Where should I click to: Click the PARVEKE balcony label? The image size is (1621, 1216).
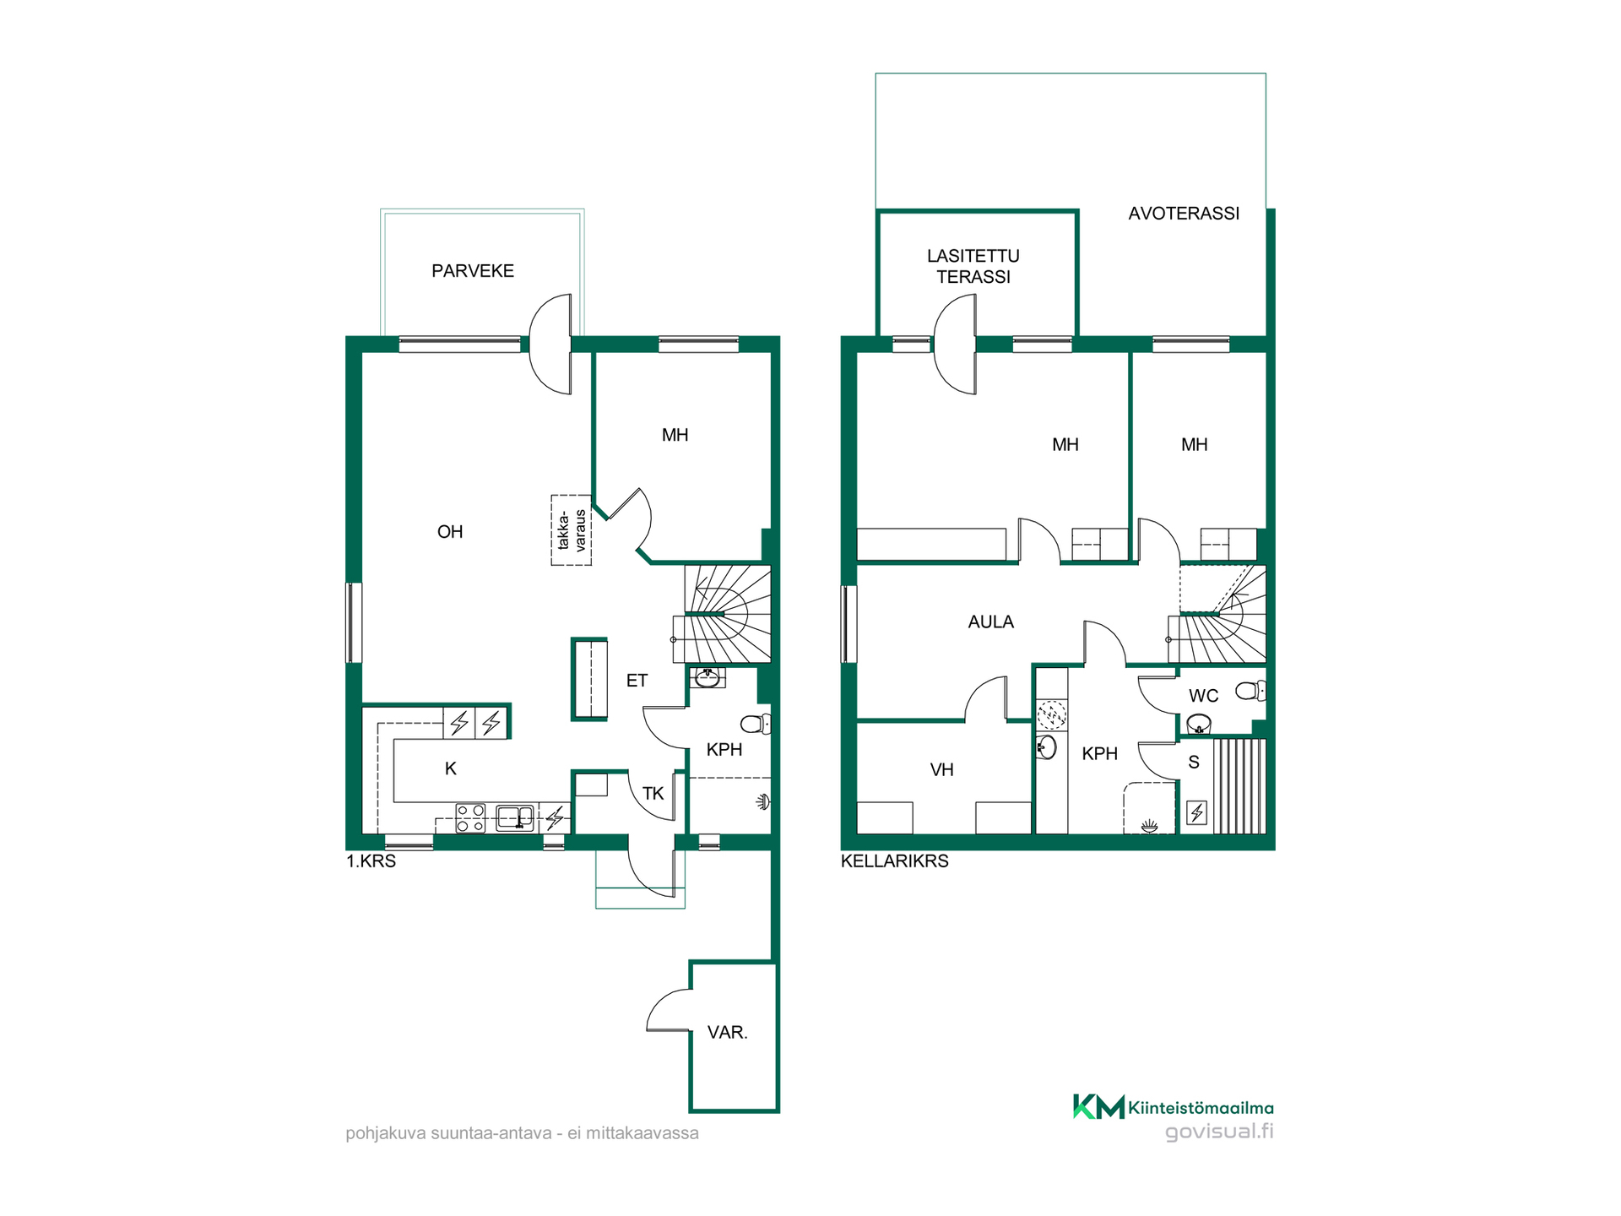point(473,271)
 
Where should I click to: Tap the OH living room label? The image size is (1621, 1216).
point(450,532)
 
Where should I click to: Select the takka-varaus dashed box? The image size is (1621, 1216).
point(572,529)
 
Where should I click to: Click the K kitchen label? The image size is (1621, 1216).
point(451,768)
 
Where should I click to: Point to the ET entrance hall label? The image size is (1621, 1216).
point(637,681)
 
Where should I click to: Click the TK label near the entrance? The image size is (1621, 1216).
point(653,794)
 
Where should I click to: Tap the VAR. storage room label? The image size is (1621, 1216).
point(728,1033)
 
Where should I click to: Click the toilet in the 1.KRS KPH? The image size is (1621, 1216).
point(756,724)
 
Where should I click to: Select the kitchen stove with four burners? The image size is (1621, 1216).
point(470,817)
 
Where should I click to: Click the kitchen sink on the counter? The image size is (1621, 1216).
point(515,817)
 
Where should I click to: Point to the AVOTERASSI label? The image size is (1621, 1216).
point(1184,214)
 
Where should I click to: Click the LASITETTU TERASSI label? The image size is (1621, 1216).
point(973,266)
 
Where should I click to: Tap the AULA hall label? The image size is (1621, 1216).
point(991,622)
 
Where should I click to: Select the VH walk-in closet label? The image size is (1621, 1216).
point(942,770)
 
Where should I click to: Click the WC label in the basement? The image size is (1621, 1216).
point(1204,696)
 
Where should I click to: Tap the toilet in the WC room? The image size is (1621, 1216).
point(1250,692)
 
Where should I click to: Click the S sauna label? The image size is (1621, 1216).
point(1194,763)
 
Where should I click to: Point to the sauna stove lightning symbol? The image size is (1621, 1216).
point(1197,812)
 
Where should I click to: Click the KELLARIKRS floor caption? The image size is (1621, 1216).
point(895,861)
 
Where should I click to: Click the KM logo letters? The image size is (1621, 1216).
point(1099,1106)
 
